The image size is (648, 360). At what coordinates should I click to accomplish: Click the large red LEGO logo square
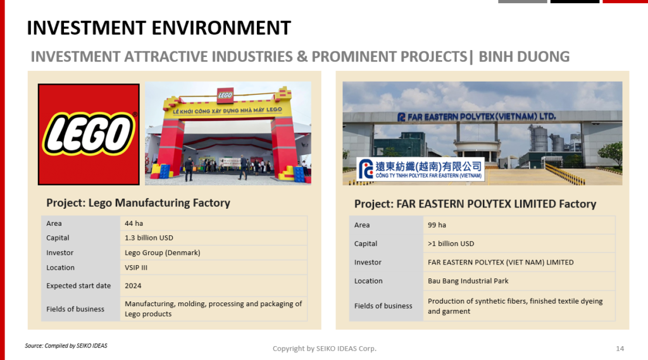pos(89,134)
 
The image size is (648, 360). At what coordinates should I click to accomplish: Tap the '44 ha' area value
pos(134,223)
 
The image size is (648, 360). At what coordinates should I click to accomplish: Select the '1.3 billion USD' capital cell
pos(149,238)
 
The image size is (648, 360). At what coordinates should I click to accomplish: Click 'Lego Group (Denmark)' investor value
pos(163,252)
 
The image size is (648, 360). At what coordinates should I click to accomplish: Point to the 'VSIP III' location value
pos(136,268)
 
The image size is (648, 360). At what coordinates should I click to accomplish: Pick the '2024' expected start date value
pos(133,286)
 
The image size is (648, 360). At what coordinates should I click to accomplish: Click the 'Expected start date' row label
pos(78,285)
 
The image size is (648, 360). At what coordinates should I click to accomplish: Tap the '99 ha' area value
pos(437,225)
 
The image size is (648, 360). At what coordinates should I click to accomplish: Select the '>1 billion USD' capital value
pos(451,244)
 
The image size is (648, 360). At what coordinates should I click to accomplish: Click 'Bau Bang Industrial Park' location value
pos(468,281)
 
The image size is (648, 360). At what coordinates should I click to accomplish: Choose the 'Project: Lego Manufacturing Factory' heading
pos(138,203)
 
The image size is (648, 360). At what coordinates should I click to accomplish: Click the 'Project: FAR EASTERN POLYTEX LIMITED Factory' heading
pos(475,204)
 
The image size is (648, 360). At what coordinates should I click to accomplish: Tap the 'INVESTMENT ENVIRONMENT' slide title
pos(159,28)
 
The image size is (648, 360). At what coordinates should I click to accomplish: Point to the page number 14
pos(620,349)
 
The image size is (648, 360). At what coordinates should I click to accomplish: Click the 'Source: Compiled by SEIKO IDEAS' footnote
pos(66,346)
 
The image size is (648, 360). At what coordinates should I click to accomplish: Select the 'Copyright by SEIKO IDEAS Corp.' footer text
pos(325,349)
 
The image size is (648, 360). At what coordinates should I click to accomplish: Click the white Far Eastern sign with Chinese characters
pos(420,169)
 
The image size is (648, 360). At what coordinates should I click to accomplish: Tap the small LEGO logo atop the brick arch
pos(225,96)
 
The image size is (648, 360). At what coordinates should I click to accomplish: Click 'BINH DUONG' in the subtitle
pos(524,56)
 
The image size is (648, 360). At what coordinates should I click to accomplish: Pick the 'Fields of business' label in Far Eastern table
pos(383,306)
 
